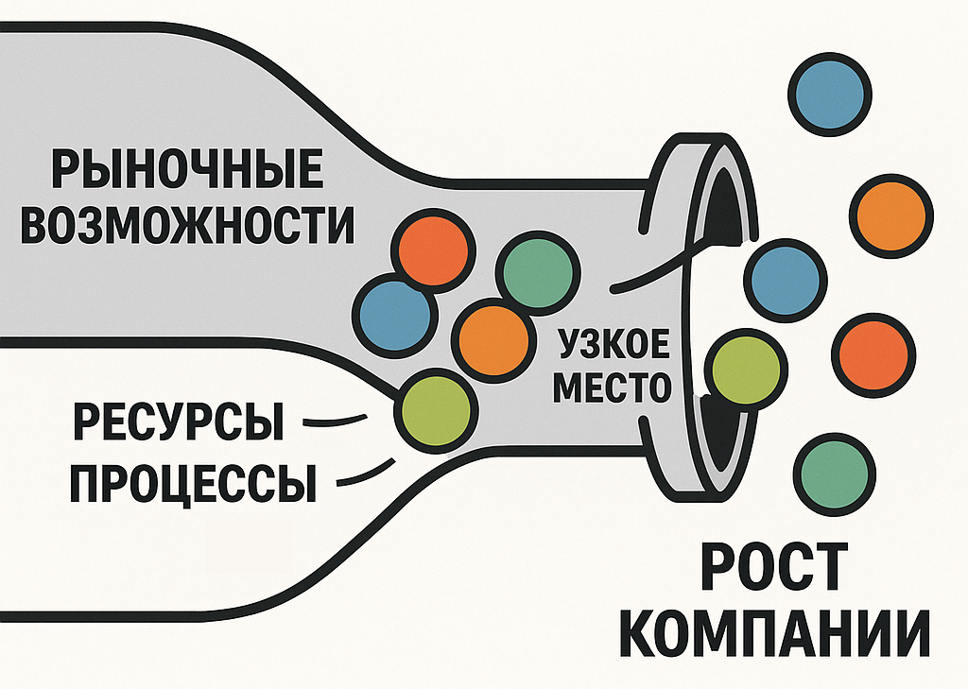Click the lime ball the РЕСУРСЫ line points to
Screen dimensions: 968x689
point(434,410)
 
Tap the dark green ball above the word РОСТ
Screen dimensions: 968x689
point(833,473)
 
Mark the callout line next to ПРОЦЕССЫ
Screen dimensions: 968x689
point(363,474)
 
